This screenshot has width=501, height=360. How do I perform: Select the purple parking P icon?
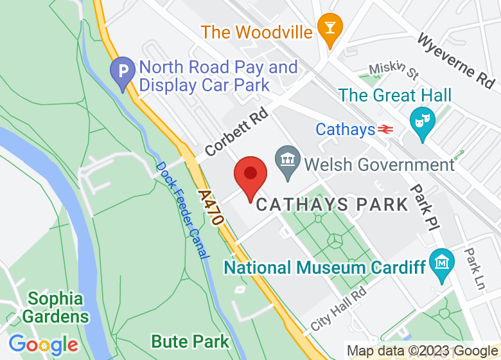click(122, 74)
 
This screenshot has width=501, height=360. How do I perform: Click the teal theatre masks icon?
click(422, 122)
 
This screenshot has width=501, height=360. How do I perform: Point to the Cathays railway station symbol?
click(385, 130)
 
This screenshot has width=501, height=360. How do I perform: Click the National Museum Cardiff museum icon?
click(443, 264)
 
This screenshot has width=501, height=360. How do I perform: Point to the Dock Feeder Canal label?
click(182, 210)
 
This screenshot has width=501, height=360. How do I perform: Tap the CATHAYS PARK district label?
click(332, 205)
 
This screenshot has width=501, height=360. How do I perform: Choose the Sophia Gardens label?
click(55, 307)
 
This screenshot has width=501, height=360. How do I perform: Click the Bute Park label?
click(189, 341)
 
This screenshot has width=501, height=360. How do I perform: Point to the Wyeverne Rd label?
click(456, 60)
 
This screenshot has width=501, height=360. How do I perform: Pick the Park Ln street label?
click(475, 269)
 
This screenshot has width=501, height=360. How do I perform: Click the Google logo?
click(43, 344)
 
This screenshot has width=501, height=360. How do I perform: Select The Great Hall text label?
click(395, 96)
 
